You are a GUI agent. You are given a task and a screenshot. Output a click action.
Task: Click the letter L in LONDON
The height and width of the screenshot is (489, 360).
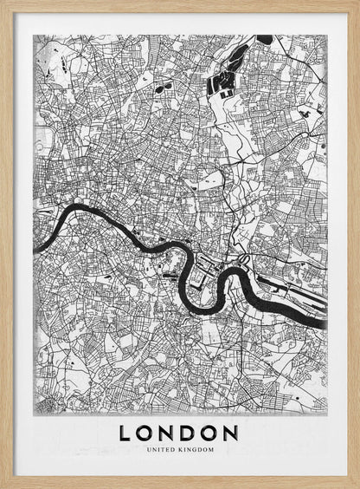pyautogui.click(x=126, y=433)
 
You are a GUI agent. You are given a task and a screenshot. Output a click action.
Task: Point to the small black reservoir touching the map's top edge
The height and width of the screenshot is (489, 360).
pyautogui.click(x=264, y=39)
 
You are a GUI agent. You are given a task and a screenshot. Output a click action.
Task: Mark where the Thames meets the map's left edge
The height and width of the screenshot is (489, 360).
pyautogui.click(x=36, y=246)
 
